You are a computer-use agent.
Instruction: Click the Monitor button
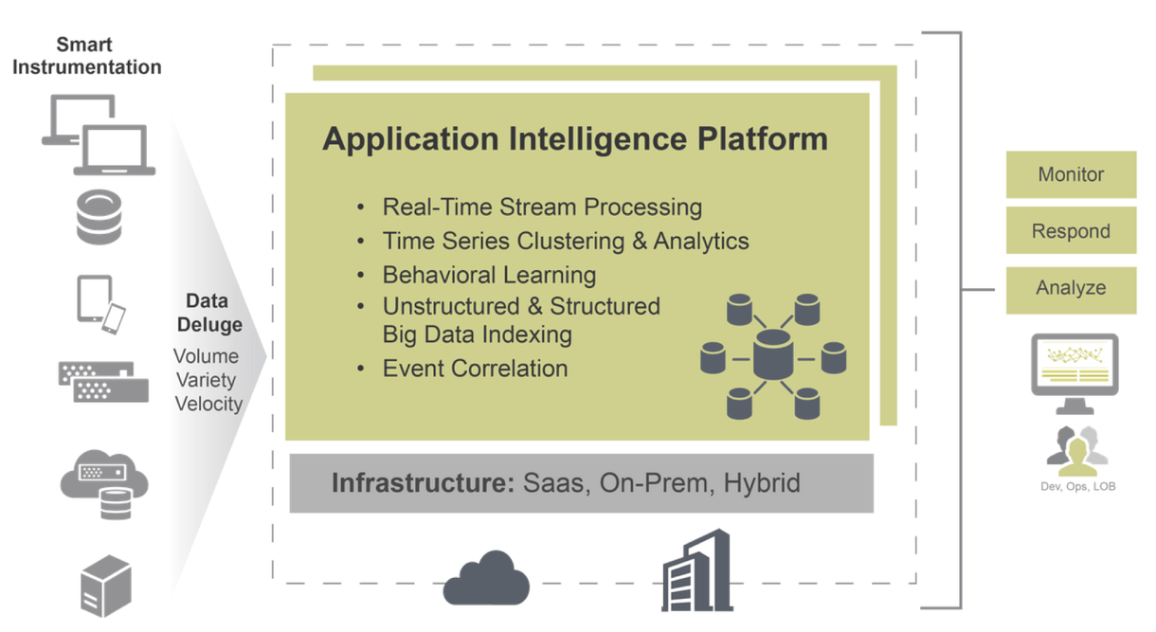pos(1071,174)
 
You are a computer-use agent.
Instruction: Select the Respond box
pos(1071,231)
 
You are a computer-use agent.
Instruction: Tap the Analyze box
pos(1071,288)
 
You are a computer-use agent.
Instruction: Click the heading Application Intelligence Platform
pos(574,139)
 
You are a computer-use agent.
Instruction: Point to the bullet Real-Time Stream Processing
pos(542,207)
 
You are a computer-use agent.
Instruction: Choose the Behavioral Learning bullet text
pos(489,275)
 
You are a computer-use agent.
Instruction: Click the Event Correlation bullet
pos(475,369)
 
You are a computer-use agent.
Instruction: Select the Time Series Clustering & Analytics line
pos(566,241)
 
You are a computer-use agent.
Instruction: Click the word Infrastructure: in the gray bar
pos(422,483)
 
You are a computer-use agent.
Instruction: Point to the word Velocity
pos(208,404)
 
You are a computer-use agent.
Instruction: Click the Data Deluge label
pos(207,313)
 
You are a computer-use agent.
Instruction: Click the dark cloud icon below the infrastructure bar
pos(486,576)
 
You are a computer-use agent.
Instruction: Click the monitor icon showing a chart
pos(1074,370)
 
